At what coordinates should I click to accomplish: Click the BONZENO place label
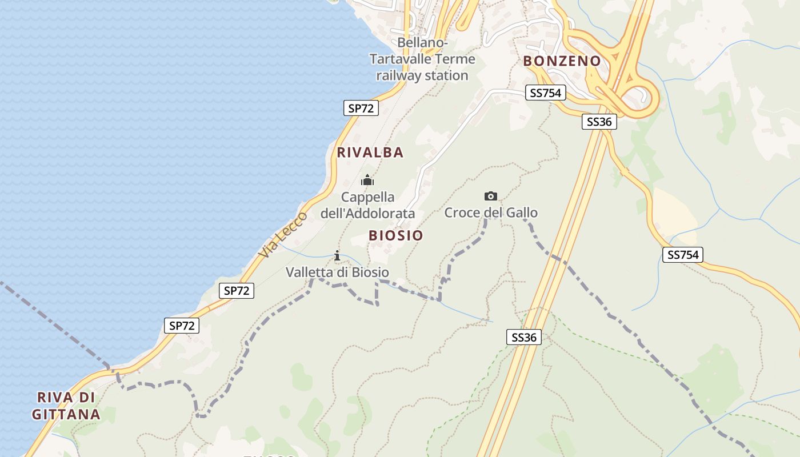click(562, 61)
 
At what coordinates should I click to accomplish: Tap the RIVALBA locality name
click(370, 153)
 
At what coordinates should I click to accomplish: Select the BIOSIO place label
click(396, 235)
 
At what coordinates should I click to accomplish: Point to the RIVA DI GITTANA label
click(66, 406)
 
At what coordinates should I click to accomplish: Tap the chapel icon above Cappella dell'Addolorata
click(367, 181)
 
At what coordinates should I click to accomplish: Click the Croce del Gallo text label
click(491, 213)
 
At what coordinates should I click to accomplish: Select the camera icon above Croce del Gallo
click(490, 197)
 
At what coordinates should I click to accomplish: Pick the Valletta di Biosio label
click(337, 272)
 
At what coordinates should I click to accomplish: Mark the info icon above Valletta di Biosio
click(337, 255)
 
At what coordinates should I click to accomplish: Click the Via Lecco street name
click(283, 234)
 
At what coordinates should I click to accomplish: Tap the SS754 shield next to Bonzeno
click(545, 93)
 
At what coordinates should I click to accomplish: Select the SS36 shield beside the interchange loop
click(599, 121)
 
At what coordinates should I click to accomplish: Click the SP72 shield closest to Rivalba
click(361, 108)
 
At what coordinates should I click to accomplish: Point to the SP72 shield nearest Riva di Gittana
click(182, 326)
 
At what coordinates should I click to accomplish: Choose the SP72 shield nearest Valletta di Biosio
click(237, 291)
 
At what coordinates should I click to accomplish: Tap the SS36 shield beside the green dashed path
click(523, 337)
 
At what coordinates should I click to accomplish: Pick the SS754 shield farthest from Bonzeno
click(682, 255)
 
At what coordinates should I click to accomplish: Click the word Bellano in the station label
click(422, 42)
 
